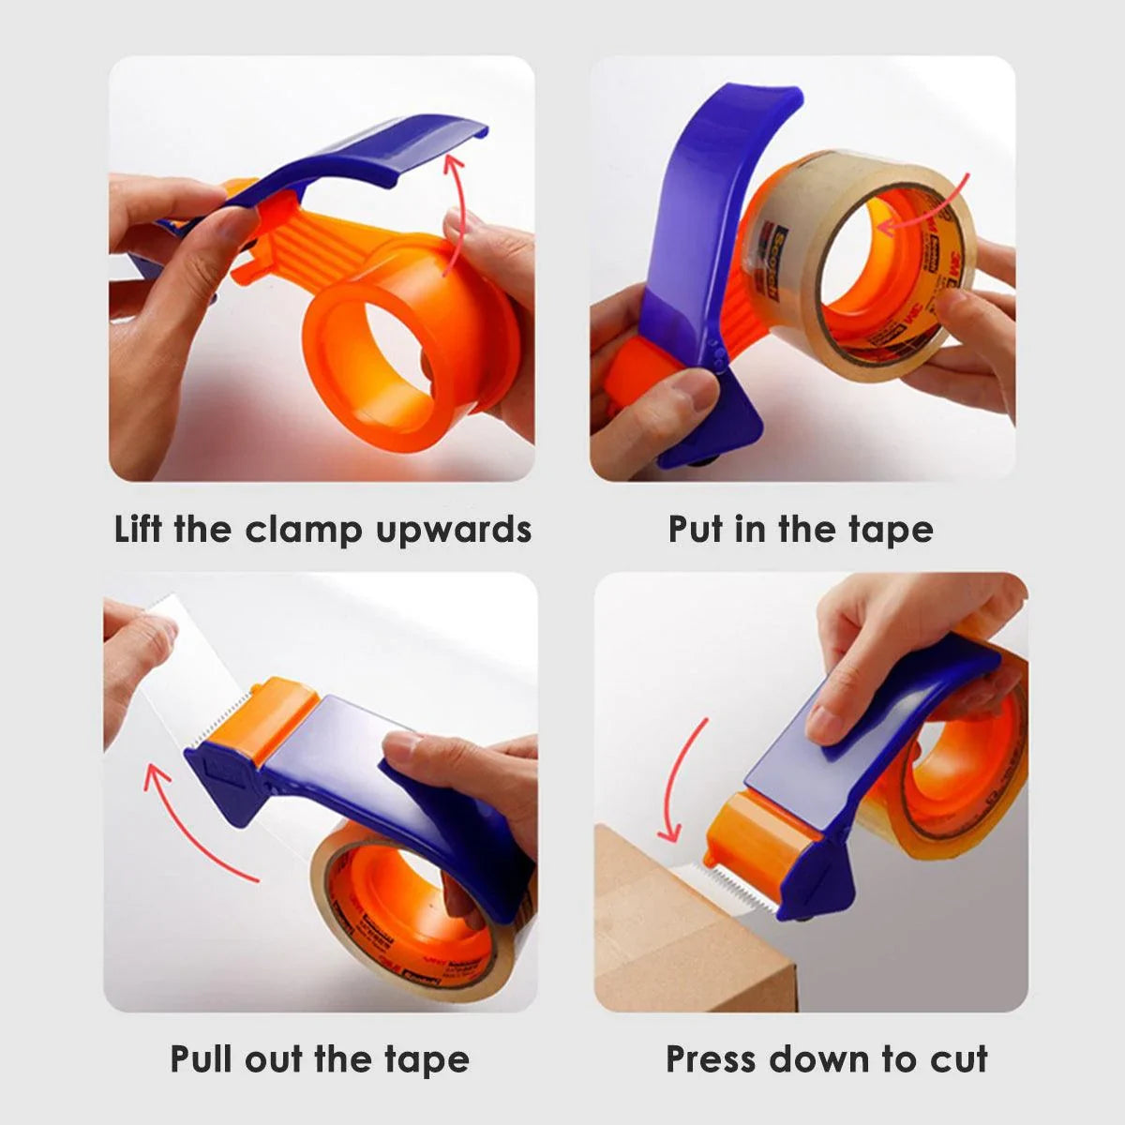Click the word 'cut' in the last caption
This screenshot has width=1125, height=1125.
coord(959,1059)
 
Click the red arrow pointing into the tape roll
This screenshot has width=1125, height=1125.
coord(923,208)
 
